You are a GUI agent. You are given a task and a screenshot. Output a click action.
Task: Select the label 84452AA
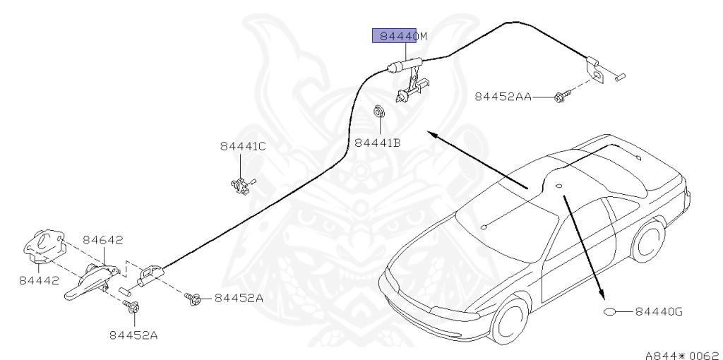503,97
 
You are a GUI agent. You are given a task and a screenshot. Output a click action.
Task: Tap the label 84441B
378,143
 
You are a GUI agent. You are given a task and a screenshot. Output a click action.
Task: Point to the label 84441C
243,146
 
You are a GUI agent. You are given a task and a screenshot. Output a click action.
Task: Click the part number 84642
103,241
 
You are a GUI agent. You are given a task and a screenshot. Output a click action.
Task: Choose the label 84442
38,281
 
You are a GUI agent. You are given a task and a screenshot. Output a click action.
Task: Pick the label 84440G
659,311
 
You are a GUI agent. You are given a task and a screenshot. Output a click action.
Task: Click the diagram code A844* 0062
681,351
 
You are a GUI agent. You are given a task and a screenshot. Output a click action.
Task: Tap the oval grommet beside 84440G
611,311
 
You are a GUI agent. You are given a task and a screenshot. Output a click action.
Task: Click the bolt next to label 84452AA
561,95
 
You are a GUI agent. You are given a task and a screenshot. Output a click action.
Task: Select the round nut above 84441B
378,112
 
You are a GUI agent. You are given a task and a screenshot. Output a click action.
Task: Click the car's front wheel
510,322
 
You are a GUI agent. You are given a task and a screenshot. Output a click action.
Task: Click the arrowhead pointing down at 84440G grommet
602,296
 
